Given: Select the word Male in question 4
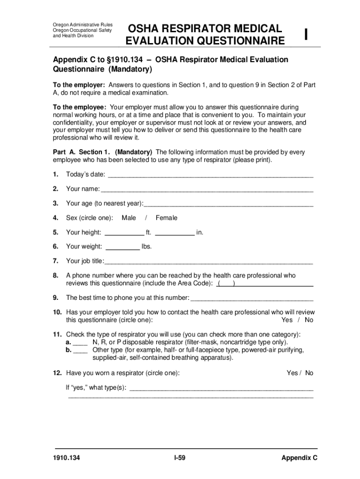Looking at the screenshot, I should tap(129, 218).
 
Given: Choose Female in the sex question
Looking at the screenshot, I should tap(166, 218).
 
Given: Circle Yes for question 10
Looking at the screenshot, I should tap(287, 320).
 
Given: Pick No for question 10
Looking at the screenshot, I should tap(309, 320).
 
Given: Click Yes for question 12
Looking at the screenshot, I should tap(292, 373).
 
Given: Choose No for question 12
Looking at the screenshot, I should tap(309, 373).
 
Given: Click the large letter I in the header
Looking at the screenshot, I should tap(306, 34).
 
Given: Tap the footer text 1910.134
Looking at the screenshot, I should tap(66, 458).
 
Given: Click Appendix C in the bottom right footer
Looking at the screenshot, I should tap(299, 458).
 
